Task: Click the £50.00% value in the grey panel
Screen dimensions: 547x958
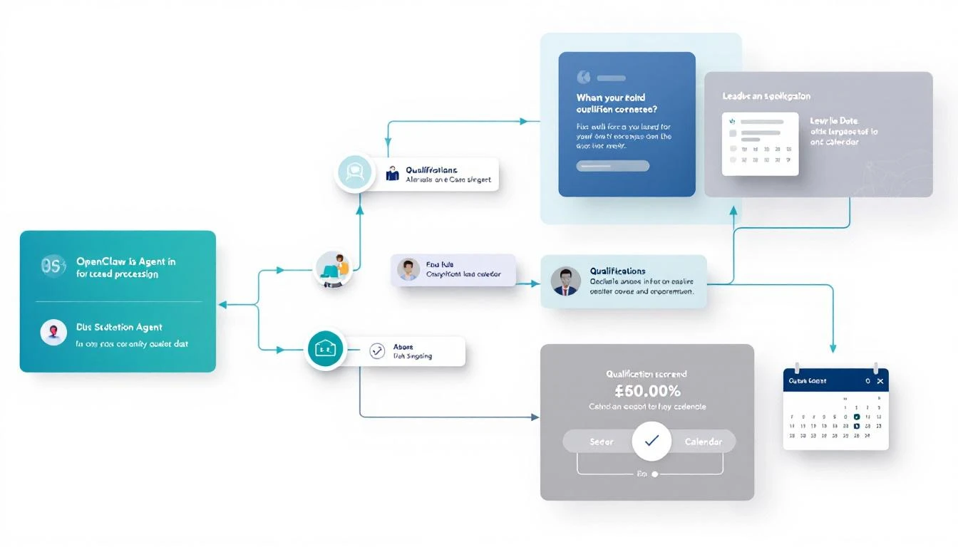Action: (x=647, y=391)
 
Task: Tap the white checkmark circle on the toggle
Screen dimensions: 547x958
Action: (x=651, y=441)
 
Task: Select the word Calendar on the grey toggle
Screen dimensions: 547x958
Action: (x=703, y=442)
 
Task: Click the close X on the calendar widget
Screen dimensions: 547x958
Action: (x=880, y=381)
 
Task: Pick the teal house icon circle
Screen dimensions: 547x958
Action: (x=325, y=349)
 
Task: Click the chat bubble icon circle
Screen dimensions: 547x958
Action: (x=354, y=172)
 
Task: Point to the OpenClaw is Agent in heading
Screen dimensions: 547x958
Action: (x=125, y=261)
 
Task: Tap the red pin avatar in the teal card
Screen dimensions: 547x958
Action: (x=53, y=332)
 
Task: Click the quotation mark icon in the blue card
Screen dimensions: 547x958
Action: (x=583, y=77)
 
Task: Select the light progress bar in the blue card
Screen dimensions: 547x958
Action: (x=613, y=166)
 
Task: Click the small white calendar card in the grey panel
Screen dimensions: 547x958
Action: (x=760, y=144)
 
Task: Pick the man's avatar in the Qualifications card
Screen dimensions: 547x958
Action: (x=566, y=281)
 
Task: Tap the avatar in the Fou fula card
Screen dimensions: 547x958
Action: (x=408, y=270)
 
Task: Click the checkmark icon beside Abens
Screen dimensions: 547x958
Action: (x=377, y=350)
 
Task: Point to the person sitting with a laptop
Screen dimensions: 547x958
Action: (x=335, y=269)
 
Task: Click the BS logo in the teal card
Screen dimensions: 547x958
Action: (x=53, y=266)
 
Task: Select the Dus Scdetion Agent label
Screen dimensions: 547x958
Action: (x=119, y=328)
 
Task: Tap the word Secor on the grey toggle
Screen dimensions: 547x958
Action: (x=602, y=442)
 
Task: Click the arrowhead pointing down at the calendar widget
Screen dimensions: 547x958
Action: (x=833, y=349)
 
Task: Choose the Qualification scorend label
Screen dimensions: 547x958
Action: (x=647, y=374)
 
